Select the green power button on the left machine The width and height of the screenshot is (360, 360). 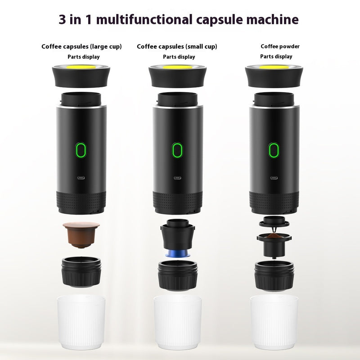point(81,149)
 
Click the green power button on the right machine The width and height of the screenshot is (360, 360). point(273,149)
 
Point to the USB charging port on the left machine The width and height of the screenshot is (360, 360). point(81,177)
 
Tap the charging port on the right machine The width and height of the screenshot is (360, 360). point(273,177)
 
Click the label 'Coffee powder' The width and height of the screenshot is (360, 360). point(280,46)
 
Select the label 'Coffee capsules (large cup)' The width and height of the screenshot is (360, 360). point(81,46)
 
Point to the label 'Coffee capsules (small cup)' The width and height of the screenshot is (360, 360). point(177,46)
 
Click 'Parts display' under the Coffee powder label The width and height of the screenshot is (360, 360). point(276,57)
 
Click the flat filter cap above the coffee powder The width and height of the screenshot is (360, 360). point(273,221)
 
